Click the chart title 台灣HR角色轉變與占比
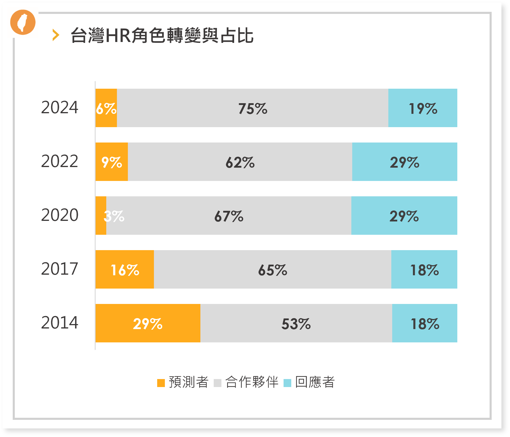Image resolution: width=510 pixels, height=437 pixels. pos(162,35)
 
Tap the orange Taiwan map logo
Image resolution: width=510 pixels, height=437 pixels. pos(23,22)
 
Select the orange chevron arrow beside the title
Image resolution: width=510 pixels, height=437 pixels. pos(56,35)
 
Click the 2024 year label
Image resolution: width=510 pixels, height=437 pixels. pos(59,108)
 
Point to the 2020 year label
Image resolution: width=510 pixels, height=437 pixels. pos(59,215)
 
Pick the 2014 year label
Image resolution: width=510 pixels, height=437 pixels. pos(59,323)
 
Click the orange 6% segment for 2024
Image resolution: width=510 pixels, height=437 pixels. pos(106,108)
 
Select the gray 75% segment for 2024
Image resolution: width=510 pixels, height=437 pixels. pos(252,108)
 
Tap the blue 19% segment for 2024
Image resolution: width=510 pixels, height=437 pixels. pos(423,108)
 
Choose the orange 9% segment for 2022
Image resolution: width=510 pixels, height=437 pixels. pos(112,162)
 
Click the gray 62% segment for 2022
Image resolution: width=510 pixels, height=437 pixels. pos(240,162)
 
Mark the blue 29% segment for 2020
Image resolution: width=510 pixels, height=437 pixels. pos(404,216)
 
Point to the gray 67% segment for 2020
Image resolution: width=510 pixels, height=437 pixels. pos(229,216)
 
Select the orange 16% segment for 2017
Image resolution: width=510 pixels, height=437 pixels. pos(125,269)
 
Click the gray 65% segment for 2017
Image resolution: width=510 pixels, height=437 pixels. pos(272,269)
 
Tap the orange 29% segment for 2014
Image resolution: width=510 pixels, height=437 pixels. pos(148,323)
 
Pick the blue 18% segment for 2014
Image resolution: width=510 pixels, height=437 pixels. pos(424,323)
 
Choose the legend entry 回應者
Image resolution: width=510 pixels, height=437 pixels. pos(310,382)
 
